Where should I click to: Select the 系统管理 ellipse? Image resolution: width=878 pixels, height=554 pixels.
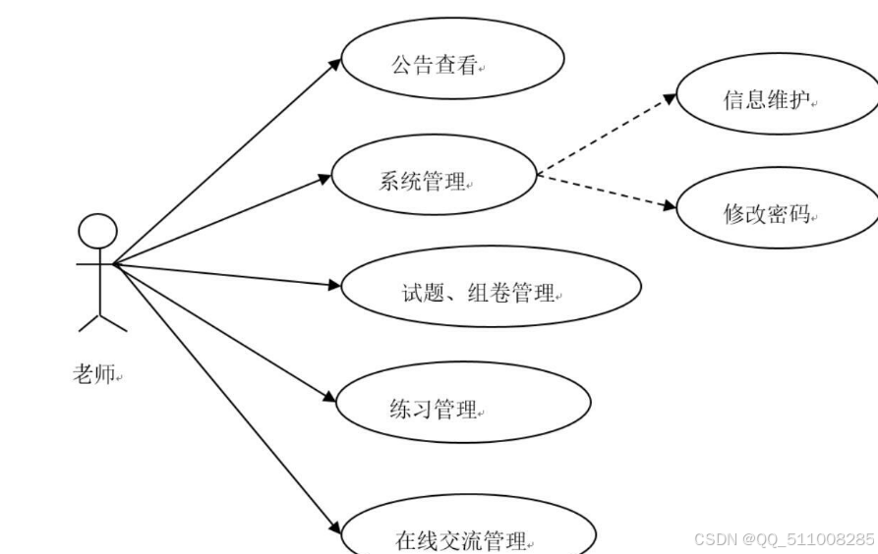click(434, 180)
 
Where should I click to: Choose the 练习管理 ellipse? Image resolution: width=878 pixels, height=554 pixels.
click(462, 407)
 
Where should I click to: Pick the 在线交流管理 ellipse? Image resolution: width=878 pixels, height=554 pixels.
click(466, 536)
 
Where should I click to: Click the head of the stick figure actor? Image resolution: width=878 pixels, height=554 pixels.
click(97, 234)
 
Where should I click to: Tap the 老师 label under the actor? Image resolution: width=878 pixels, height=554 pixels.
click(96, 374)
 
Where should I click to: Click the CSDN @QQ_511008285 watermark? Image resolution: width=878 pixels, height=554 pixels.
click(783, 539)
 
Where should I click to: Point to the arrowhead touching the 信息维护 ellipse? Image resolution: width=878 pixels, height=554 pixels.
click(669, 99)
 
